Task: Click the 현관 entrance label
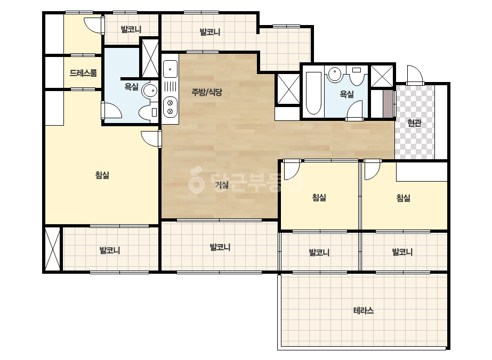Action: click(414, 123)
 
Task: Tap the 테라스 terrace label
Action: click(364, 311)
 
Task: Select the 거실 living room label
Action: click(222, 185)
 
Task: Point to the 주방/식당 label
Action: click(207, 92)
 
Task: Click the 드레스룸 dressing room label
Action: click(83, 73)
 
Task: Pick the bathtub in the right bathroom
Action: click(313, 93)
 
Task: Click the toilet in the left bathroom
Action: click(148, 112)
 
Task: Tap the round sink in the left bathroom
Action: click(149, 91)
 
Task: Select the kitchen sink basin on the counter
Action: click(170, 69)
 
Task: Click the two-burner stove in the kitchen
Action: click(170, 107)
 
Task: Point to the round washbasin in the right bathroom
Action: click(335, 75)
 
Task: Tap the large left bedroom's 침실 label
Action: click(102, 175)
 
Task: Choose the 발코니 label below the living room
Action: click(220, 247)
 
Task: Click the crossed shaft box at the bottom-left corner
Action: click(52, 248)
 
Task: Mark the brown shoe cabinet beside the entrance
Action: click(388, 104)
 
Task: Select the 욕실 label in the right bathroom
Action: click(346, 94)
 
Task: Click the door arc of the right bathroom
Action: click(354, 110)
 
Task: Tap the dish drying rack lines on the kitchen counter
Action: click(170, 86)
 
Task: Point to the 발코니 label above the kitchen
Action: click(210, 32)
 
